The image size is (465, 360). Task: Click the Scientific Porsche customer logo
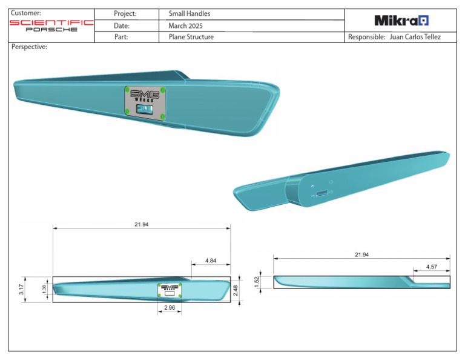[51, 25]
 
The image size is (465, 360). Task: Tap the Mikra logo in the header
[401, 21]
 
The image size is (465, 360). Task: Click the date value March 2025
[185, 25]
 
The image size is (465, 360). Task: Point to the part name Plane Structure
[191, 37]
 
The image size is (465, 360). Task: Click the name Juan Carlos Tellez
[415, 37]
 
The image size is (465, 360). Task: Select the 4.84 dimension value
[211, 260]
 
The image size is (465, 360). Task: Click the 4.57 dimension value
[432, 266]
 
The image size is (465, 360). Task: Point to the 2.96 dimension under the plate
[169, 308]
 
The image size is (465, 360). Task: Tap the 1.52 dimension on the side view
[257, 282]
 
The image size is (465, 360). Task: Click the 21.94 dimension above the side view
[361, 255]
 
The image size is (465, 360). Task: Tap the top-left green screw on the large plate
[127, 90]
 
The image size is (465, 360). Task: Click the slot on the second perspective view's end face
[321, 194]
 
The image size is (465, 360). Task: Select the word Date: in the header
[122, 25]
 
